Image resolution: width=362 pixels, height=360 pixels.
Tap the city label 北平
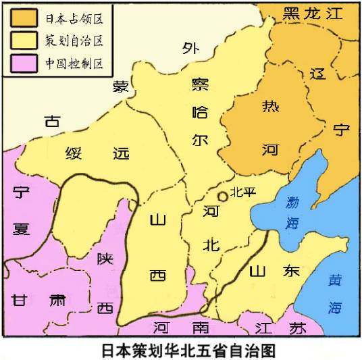[x=243, y=192]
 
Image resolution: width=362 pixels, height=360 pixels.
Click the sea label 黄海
[x=336, y=293]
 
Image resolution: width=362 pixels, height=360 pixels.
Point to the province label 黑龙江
[x=313, y=13]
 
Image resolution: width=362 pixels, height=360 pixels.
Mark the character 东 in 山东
[x=290, y=271]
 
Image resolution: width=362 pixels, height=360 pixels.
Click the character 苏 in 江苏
[x=297, y=328]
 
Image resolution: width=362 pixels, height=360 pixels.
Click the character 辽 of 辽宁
[x=317, y=75]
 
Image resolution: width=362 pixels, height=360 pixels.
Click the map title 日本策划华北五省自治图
[x=180, y=350]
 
